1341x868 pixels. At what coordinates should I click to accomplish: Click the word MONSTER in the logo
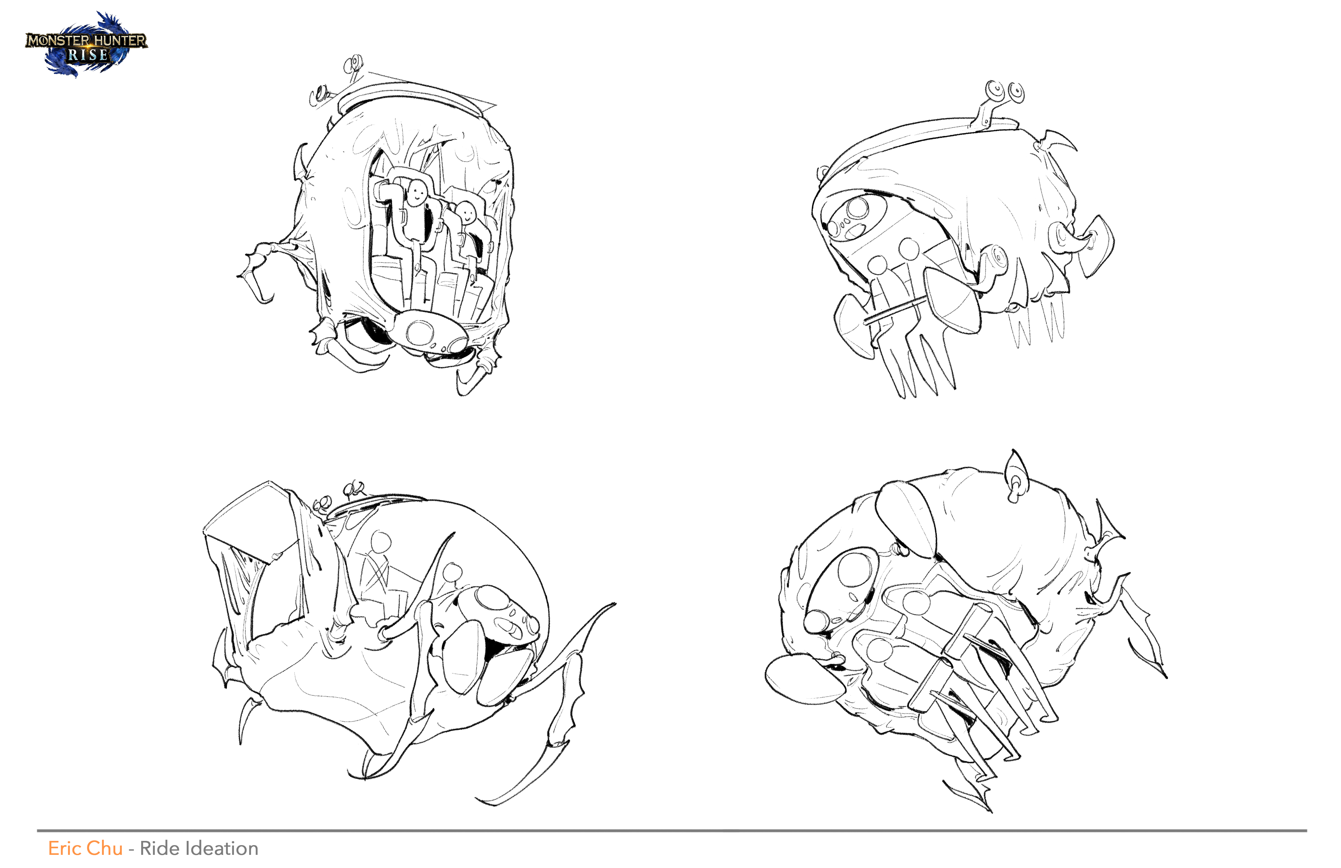[58, 41]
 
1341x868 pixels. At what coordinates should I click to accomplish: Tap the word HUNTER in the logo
[119, 41]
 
